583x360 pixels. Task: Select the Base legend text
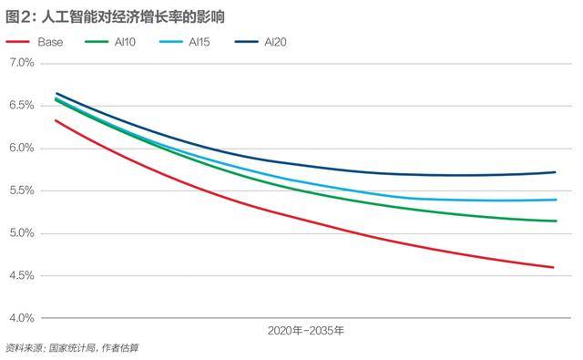51,43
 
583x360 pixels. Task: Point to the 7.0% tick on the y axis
21,63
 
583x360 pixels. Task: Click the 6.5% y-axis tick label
21,106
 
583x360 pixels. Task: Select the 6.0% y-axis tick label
21,149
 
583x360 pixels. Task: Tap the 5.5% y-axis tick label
21,190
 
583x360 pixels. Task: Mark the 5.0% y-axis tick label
21,233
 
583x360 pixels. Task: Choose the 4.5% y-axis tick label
21,276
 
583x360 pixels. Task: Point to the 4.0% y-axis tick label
21,318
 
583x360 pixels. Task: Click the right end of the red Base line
554,267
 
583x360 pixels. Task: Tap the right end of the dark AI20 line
556,172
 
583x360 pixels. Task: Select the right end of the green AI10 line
556,221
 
